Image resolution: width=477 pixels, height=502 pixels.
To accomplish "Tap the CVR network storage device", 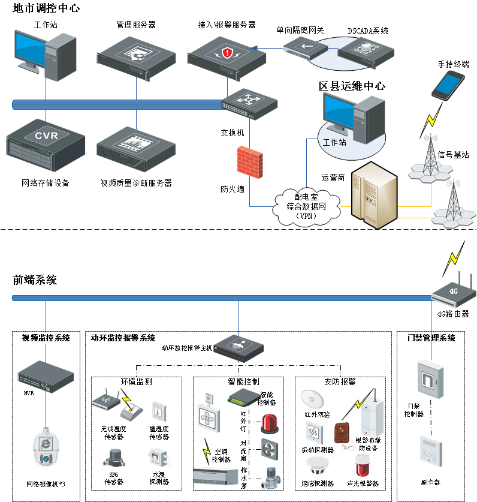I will coord(46,145).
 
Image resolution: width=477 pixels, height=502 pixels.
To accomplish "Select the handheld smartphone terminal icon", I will coord(448,85).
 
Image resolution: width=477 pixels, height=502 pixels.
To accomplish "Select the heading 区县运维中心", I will coord(352,86).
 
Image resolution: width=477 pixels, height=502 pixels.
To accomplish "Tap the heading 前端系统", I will coord(35,279).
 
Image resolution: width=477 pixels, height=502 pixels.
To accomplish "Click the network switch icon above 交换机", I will coord(250,101).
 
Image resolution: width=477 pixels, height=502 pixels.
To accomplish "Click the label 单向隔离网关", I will coord(299,29).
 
